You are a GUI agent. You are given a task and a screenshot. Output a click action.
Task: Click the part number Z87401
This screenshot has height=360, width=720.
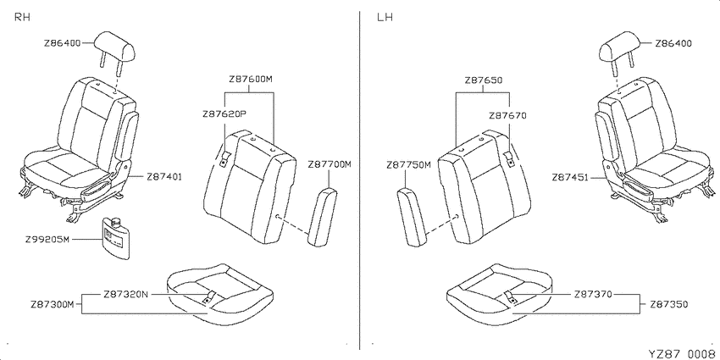164,176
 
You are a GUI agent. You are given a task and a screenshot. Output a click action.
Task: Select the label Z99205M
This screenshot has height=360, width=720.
47,239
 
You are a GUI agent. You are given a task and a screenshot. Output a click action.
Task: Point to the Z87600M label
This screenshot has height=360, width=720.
251,79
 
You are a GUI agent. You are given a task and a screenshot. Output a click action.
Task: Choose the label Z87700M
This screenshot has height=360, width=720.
330,164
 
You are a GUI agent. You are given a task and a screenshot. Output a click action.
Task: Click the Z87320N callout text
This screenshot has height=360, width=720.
126,294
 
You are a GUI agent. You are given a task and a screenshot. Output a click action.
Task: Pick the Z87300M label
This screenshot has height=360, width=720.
53,304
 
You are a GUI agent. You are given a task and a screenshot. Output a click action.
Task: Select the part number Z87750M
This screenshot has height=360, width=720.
408,164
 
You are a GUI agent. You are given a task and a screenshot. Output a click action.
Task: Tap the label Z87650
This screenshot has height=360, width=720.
484,80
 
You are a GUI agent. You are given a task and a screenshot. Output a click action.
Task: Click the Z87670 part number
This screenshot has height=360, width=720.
507,116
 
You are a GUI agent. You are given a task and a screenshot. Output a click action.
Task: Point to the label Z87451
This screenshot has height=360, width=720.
570,177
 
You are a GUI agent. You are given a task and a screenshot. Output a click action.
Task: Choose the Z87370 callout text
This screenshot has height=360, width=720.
593,294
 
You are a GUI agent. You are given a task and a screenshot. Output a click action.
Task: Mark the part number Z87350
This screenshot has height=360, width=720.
669,304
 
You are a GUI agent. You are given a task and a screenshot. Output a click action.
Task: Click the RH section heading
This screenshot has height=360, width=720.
23,18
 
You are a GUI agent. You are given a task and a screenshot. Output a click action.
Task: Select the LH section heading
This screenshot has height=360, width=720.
385,18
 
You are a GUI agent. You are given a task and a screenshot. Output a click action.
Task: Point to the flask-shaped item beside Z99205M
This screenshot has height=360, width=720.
115,238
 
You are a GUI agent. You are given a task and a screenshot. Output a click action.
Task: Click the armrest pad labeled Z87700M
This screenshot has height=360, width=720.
323,217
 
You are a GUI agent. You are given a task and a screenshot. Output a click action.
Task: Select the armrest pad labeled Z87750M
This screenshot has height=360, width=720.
412,218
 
